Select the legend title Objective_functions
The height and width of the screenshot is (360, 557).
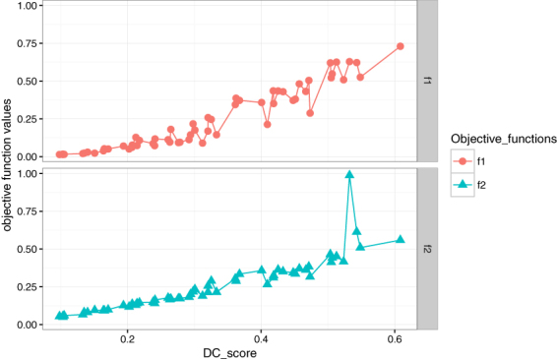[499, 139]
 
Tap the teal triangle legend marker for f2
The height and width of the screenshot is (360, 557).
[460, 182]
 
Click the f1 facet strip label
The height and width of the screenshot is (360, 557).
[427, 81]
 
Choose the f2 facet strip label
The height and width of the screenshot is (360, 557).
[427, 249]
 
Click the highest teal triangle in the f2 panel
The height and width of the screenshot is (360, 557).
[349, 174]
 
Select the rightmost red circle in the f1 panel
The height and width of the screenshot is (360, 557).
[400, 46]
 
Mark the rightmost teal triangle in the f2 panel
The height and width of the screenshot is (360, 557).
[400, 239]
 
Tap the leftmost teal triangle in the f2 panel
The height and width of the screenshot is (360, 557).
[58, 316]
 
